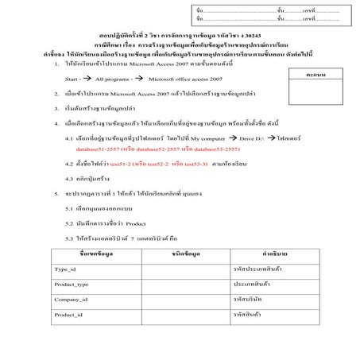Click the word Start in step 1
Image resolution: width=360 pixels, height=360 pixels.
(72, 80)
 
